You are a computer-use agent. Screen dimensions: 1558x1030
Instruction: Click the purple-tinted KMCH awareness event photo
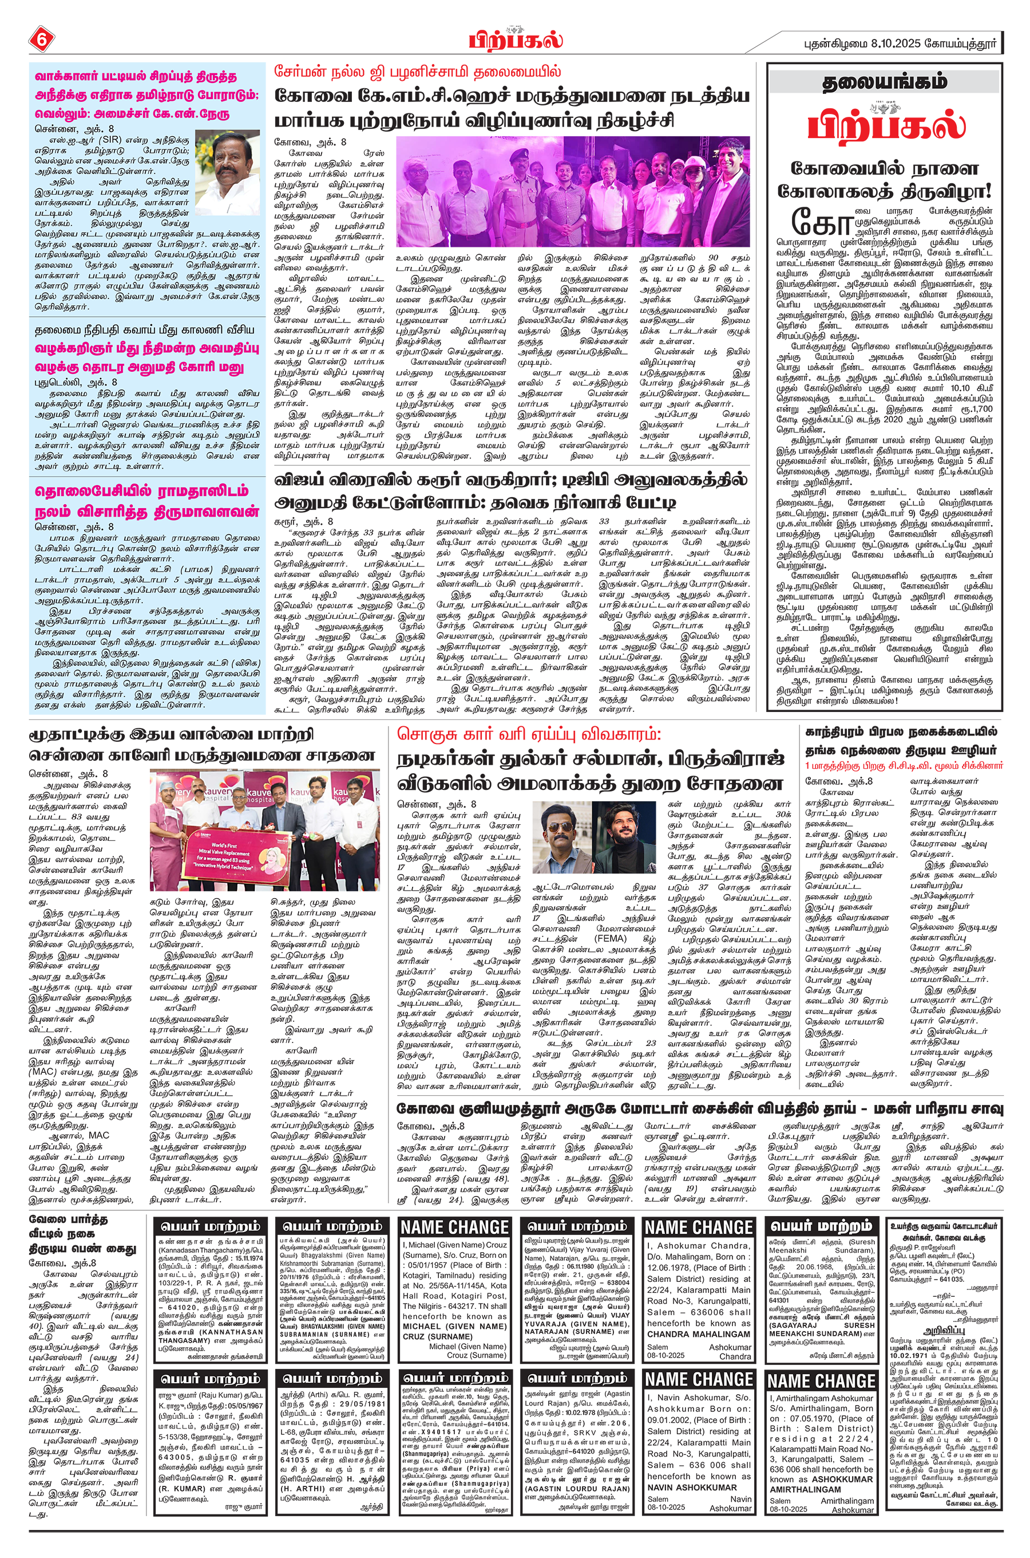pos(572,191)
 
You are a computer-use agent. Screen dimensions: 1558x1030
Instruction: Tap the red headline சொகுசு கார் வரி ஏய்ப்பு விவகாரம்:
pos(528,734)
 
